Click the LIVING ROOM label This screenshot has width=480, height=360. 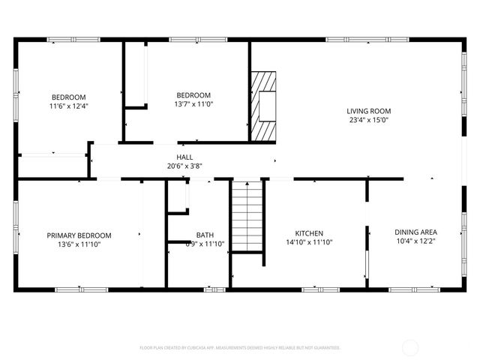pos(369,111)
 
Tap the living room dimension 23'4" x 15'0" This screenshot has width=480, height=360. pos(369,120)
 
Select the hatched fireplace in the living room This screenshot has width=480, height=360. pos(263,106)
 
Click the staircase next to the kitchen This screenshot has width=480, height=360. pos(247,217)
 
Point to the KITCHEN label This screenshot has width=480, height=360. pos(308,232)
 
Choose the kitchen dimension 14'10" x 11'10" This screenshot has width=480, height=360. pos(308,242)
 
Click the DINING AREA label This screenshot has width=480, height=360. pos(415,232)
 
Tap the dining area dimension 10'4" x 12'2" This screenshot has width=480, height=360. pos(415,242)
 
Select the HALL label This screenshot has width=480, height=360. pos(184,157)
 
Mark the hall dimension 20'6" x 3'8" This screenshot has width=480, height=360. pos(184,166)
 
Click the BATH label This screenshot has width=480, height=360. pos(205,235)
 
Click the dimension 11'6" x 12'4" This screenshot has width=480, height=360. pos(68,106)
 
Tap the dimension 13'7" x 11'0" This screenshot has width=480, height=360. pos(193,104)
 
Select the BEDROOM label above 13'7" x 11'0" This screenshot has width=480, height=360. pos(193,94)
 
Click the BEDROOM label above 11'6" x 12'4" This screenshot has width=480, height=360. pos(68,97)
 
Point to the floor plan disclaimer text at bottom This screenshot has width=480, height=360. pos(240,348)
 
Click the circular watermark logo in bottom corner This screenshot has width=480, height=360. pos(411,347)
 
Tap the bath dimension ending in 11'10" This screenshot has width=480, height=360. pos(205,244)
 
